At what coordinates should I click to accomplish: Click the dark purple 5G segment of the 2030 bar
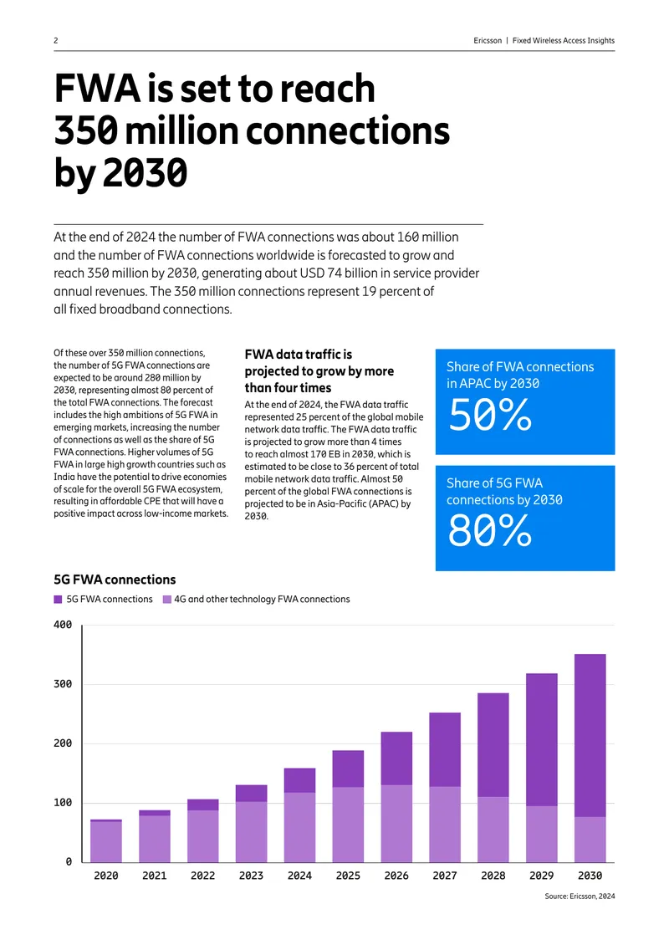coord(590,735)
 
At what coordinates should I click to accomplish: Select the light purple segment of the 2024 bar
coord(299,827)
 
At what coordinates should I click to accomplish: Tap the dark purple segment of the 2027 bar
coord(445,750)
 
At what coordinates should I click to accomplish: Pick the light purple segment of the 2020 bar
coord(106,841)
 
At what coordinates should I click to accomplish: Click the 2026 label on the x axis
coord(396,876)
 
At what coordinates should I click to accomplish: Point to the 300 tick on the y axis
coord(63,684)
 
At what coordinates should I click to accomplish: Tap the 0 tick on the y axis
coord(69,862)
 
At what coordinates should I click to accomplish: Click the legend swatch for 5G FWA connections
coord(58,599)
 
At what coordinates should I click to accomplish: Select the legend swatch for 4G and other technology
coord(167,599)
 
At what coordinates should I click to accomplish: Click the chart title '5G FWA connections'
coord(115,580)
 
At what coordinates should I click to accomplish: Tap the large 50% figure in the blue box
coord(490,416)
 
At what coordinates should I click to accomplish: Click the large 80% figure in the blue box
coord(490,531)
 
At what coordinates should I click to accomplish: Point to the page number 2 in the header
coord(56,40)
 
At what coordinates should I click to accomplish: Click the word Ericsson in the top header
coord(488,40)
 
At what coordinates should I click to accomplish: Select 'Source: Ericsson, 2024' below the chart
coord(580,896)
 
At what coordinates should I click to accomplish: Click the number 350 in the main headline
coord(86,130)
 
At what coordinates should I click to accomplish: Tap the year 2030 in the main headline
coord(146,173)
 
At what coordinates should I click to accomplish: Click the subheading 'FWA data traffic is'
coord(299,355)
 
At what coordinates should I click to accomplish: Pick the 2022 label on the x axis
coord(202,876)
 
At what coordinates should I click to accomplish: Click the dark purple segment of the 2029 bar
coord(542,739)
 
